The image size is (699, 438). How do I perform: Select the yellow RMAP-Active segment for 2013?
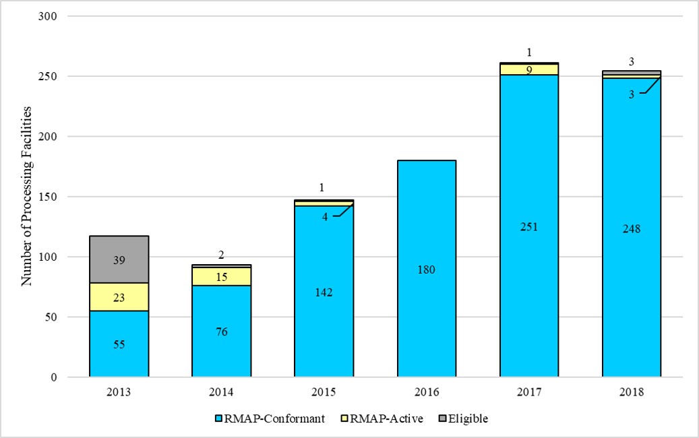119,296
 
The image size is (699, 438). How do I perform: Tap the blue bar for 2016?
427,270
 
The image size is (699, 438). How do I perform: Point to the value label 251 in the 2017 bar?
529,227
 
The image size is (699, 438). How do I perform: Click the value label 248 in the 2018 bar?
632,229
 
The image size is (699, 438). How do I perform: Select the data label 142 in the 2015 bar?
324,292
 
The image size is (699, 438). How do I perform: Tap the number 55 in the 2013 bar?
119,345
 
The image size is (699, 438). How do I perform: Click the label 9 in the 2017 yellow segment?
529,69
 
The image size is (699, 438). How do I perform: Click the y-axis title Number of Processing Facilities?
27,196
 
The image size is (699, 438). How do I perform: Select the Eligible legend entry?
463,418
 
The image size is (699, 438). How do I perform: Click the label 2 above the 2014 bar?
222,255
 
